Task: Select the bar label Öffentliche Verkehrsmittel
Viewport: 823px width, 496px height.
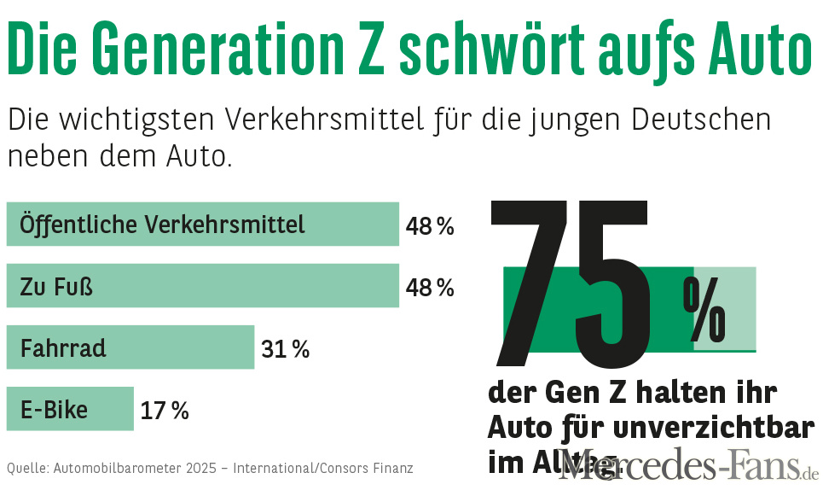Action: coord(162,225)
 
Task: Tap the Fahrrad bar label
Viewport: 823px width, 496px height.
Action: coord(63,347)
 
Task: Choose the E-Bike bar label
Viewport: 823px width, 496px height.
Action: coord(54,409)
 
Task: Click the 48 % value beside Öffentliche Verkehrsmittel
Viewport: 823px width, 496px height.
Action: coord(430,226)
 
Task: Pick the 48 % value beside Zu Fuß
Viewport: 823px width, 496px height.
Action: coord(430,288)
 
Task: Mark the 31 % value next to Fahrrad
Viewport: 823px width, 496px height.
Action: coord(285,349)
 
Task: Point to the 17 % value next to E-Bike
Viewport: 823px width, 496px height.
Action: coord(165,411)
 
